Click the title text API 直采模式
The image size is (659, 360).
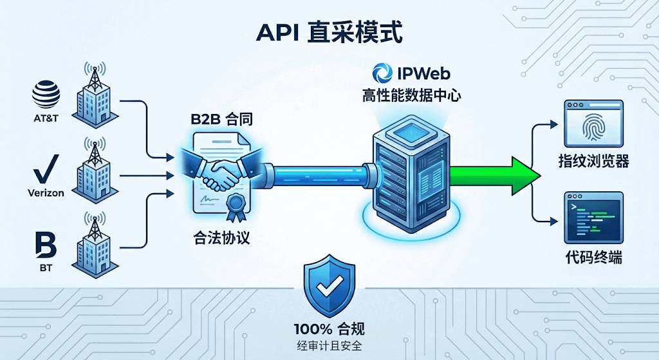pos(329,32)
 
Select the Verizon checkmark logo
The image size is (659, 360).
pos(46,170)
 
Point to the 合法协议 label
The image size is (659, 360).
pos(221,238)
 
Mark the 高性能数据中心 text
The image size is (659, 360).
pos(411,97)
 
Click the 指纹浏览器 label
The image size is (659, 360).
pos(593,161)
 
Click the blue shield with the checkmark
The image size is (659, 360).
pos(329,285)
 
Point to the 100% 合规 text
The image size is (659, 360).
pos(329,329)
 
